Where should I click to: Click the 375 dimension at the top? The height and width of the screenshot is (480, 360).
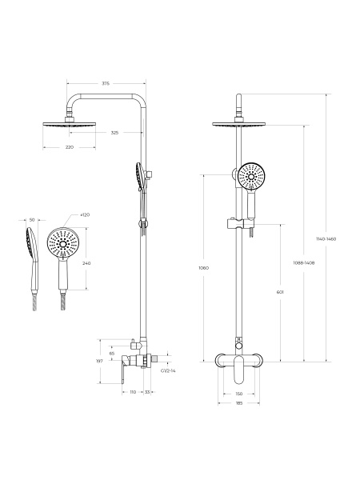coord(106,82)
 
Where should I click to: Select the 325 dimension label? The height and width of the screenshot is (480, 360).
coord(114,133)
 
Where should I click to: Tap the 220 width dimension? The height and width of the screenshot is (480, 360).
coord(69,147)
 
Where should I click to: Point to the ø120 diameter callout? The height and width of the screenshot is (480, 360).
coord(85,215)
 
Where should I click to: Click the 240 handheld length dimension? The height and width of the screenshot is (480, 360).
coord(86,263)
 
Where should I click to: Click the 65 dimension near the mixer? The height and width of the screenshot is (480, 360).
coord(112,353)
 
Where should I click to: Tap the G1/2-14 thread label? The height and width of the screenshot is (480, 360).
coord(167,371)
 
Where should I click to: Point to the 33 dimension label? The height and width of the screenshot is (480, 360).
coord(149,392)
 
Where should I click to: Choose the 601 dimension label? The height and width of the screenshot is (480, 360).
coord(278,293)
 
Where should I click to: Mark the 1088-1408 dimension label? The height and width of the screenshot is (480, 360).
coord(303,262)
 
